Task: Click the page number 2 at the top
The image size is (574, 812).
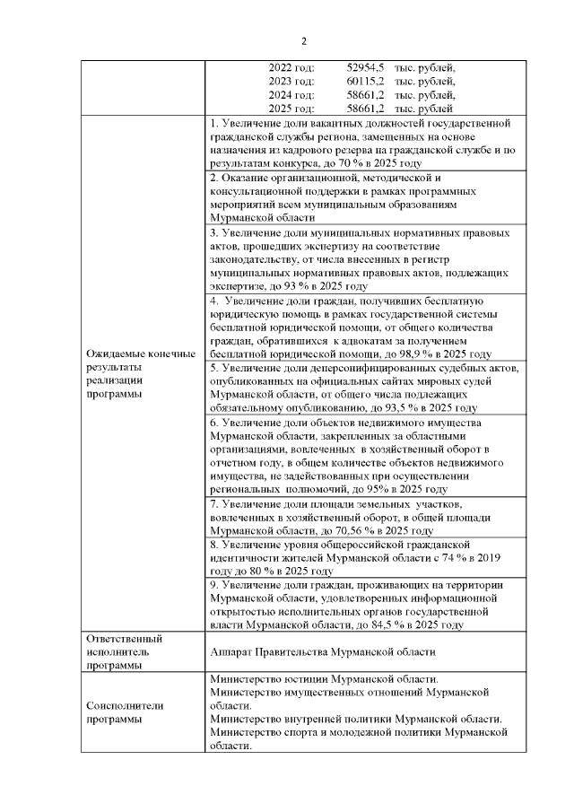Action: point(303,41)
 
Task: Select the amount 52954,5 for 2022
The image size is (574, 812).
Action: point(366,67)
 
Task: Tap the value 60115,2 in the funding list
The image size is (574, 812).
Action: point(366,81)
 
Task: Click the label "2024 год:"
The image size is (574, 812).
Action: point(291,94)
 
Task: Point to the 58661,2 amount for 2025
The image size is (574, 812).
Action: point(366,108)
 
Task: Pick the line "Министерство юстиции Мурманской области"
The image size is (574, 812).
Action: point(323,679)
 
